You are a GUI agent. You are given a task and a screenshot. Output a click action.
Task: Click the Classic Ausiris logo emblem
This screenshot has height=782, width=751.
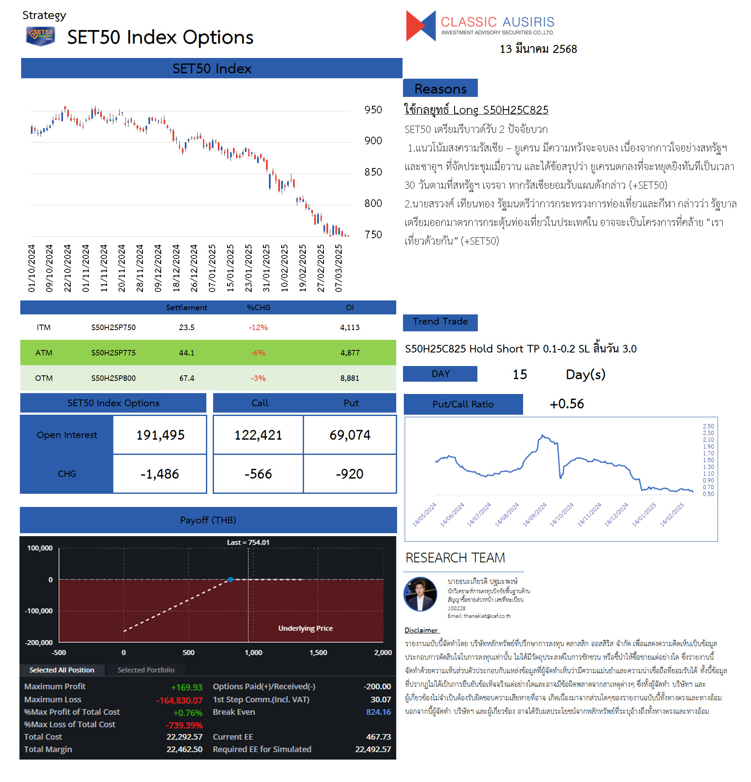pyautogui.click(x=421, y=26)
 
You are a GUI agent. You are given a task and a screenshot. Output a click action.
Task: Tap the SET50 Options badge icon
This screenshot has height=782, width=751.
pyautogui.click(x=41, y=36)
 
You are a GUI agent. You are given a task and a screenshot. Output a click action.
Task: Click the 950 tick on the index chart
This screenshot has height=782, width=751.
pyautogui.click(x=373, y=110)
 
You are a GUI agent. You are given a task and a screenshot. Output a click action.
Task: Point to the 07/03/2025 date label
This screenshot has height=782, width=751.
pyautogui.click(x=338, y=268)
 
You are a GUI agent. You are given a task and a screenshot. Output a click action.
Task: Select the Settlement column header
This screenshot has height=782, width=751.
pyautogui.click(x=186, y=308)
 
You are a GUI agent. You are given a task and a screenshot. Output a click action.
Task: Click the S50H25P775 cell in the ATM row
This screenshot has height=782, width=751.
pyautogui.click(x=113, y=353)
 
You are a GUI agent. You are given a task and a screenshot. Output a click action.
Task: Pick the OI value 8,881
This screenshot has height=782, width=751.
pyautogui.click(x=350, y=378)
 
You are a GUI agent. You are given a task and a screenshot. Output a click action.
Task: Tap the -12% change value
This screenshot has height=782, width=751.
pyautogui.click(x=258, y=328)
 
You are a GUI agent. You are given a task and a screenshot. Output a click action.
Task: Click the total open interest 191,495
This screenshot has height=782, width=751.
pyautogui.click(x=160, y=435)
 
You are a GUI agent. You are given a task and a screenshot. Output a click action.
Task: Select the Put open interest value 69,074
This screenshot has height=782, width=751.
pyautogui.click(x=350, y=435)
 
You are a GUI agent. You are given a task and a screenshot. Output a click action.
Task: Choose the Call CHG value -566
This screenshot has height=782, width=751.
pyautogui.click(x=258, y=474)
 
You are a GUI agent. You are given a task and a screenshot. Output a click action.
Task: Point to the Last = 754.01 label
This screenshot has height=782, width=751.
pyautogui.click(x=248, y=542)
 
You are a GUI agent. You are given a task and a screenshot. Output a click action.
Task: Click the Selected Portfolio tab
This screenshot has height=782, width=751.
pyautogui.click(x=146, y=670)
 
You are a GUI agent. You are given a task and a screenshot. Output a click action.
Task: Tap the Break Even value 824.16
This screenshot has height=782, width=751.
pyautogui.click(x=378, y=712)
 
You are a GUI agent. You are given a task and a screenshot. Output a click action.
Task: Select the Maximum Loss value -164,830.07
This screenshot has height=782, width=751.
pyautogui.click(x=180, y=700)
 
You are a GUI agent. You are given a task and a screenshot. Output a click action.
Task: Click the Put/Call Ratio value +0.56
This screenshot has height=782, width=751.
pyautogui.click(x=567, y=404)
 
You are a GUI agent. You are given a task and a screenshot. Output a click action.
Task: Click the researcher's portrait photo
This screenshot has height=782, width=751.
pyautogui.click(x=420, y=594)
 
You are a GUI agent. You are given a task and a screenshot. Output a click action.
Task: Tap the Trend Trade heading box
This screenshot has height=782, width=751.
pyautogui.click(x=440, y=322)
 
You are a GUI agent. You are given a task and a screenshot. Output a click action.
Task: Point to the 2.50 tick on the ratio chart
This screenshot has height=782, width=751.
pyautogui.click(x=708, y=426)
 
